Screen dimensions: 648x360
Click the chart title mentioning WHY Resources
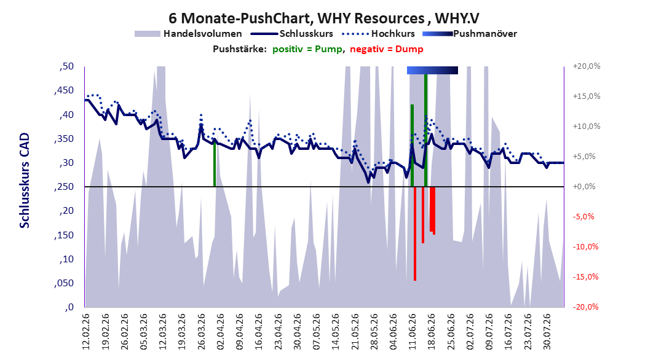click(323, 18)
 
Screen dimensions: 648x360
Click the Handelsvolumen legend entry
click(189, 34)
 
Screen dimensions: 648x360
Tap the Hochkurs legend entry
click(379, 34)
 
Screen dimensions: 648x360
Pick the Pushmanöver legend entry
click(470, 34)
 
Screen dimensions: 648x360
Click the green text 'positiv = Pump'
click(307, 49)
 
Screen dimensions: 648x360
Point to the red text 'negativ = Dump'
click(387, 49)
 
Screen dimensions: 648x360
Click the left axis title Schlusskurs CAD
click(25, 181)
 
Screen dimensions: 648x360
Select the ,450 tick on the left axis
click(64, 90)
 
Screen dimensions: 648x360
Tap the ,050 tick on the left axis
click(64, 283)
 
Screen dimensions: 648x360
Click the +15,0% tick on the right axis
click(587, 96)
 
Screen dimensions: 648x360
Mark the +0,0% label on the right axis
click(584, 187)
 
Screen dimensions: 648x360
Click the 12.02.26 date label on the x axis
click(86, 332)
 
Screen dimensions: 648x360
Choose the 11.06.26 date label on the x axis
click(412, 332)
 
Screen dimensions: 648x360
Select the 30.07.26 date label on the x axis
click(547, 332)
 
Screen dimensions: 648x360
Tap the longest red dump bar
click(415, 233)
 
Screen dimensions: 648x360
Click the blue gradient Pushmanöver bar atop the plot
click(432, 70)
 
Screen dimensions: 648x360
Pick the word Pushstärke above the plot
click(239, 49)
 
